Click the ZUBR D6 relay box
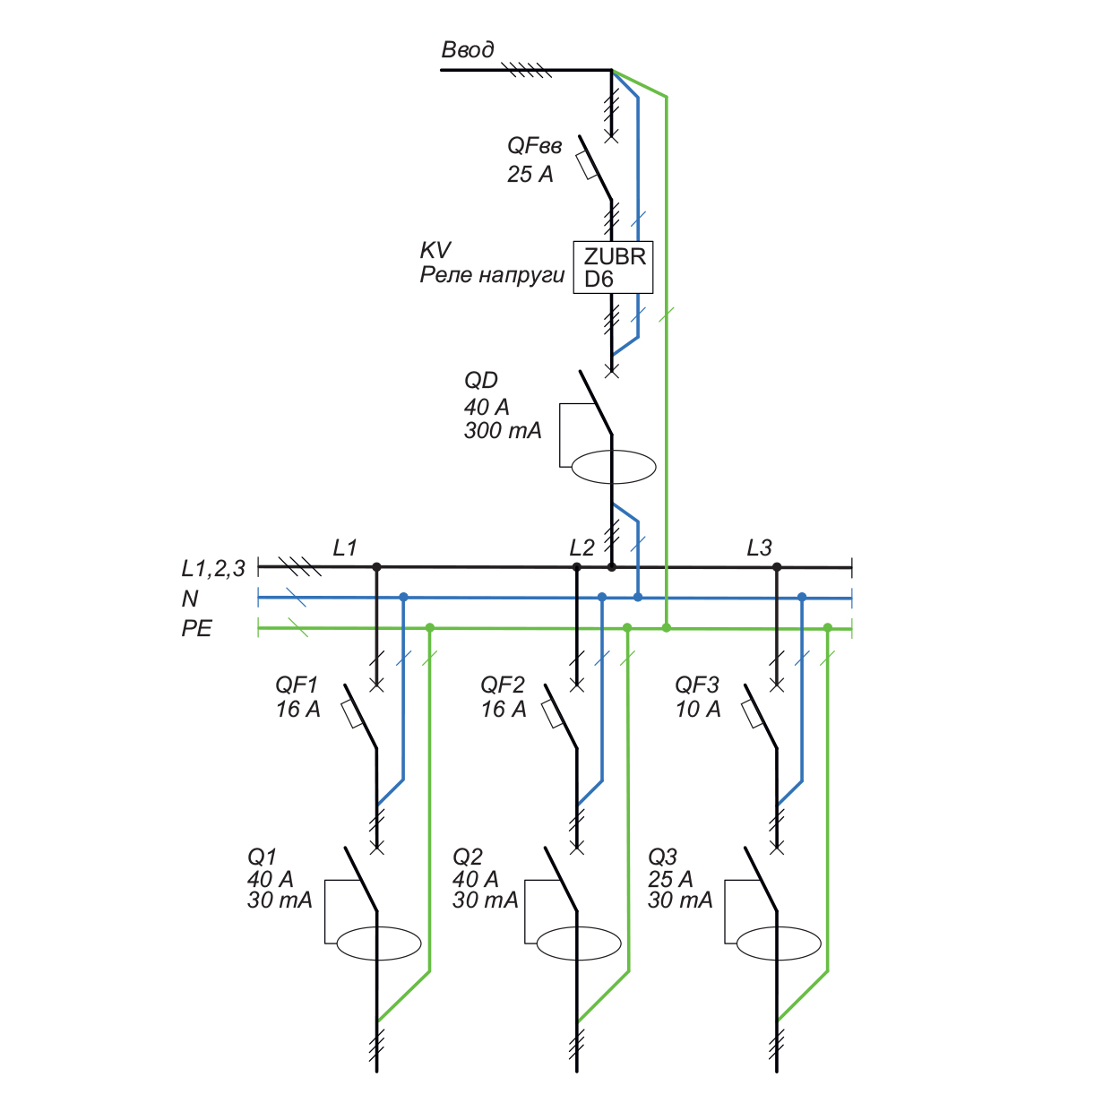(614, 267)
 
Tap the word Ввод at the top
(468, 49)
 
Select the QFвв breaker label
(535, 146)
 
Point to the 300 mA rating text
(503, 431)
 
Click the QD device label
(481, 381)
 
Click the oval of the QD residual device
(614, 467)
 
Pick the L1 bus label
(345, 547)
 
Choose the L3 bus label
(759, 547)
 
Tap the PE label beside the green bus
(197, 629)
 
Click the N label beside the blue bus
(190, 599)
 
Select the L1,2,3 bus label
(213, 569)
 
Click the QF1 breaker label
(297, 685)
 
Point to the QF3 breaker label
(697, 685)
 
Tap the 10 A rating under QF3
(698, 710)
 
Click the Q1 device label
(263, 857)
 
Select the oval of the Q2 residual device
(579, 943)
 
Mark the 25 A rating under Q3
(670, 879)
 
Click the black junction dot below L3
(777, 567)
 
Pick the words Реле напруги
(493, 275)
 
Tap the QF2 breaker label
(503, 685)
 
